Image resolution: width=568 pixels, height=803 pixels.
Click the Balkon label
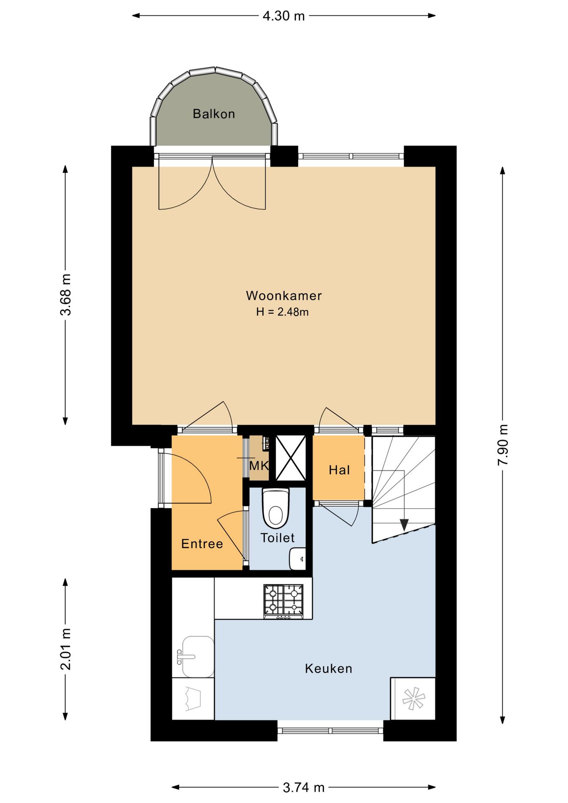(x=214, y=114)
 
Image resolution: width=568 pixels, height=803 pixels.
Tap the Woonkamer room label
(x=284, y=296)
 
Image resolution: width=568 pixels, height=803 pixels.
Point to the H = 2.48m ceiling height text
(x=282, y=312)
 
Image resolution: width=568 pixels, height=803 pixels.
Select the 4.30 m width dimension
(x=284, y=16)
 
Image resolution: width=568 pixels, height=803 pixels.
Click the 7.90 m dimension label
(x=503, y=445)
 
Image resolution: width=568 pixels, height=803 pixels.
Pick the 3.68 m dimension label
(x=65, y=294)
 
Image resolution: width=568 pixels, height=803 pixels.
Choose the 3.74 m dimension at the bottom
(x=304, y=788)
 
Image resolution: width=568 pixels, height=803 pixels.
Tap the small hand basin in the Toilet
(x=297, y=559)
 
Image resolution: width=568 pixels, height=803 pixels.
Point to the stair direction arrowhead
(x=404, y=525)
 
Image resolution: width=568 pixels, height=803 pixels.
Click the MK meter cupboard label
(x=259, y=465)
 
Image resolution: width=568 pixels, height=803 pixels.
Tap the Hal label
(x=339, y=470)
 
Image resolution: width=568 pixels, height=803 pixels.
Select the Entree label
(x=202, y=544)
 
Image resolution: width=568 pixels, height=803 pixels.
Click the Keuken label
(x=328, y=668)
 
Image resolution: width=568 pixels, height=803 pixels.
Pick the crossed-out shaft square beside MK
(x=291, y=458)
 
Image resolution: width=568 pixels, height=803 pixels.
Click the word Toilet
(x=277, y=538)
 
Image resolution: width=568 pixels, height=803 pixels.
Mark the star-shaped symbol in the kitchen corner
(x=414, y=698)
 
